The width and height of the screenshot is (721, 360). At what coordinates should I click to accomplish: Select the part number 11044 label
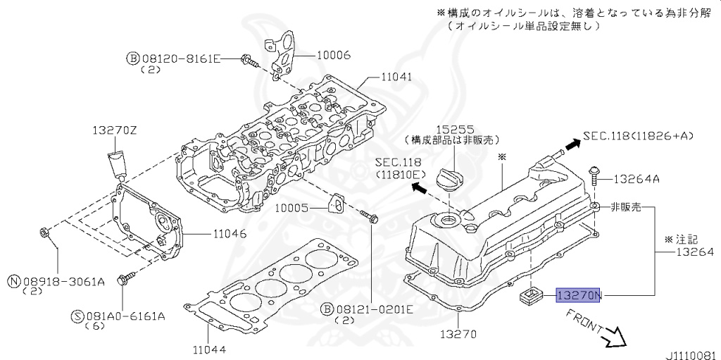click(210, 348)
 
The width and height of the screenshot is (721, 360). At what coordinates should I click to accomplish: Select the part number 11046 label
click(227, 234)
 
